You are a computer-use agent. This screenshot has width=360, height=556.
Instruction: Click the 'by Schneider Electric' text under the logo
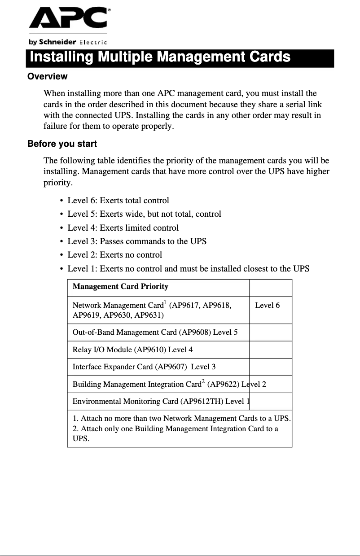point(68,42)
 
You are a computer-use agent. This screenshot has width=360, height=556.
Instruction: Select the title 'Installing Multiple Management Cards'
point(160,57)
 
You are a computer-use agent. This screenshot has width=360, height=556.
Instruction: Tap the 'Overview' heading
point(47,76)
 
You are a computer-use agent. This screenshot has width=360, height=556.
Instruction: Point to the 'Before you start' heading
point(62,144)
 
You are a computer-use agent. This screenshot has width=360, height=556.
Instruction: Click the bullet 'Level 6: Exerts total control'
point(118,201)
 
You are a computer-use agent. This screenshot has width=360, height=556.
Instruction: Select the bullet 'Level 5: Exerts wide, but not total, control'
point(144,214)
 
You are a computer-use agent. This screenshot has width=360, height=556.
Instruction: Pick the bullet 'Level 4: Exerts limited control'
point(123,228)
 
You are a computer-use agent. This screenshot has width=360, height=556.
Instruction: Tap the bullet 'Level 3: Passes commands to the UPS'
point(137,241)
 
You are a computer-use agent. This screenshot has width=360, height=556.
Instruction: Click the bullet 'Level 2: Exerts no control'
point(114,255)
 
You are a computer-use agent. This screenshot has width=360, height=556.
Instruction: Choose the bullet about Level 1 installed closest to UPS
point(188,269)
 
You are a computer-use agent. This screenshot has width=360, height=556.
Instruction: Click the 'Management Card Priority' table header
point(120,286)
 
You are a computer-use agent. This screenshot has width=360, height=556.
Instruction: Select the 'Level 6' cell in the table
point(267,306)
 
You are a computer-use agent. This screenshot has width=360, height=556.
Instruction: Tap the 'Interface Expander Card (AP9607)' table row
point(144,367)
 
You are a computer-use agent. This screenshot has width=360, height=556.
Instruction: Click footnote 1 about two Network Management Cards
point(182,419)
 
